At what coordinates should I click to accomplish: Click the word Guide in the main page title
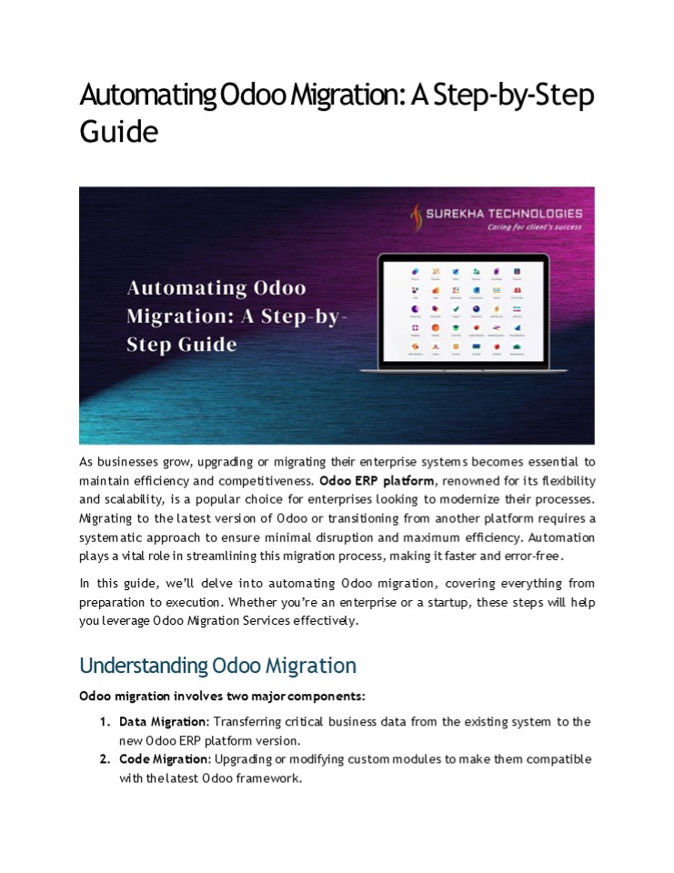click(119, 131)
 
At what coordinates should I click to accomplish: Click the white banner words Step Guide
click(182, 345)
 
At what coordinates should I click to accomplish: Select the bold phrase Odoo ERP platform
click(377, 480)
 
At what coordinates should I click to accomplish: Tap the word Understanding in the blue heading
click(143, 666)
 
